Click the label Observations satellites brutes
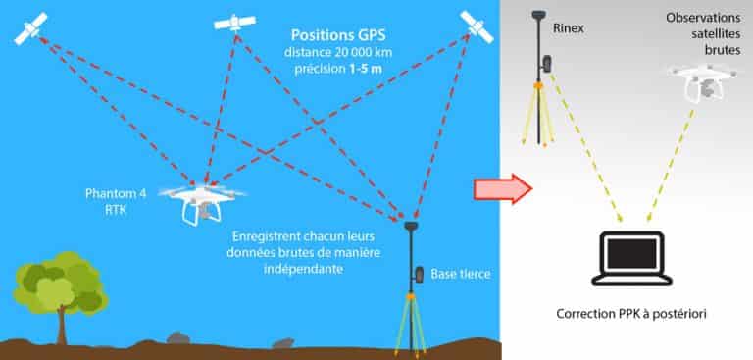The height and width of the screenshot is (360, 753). pyautogui.click(x=701, y=34)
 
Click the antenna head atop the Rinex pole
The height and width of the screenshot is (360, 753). pyautogui.click(x=536, y=15)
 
